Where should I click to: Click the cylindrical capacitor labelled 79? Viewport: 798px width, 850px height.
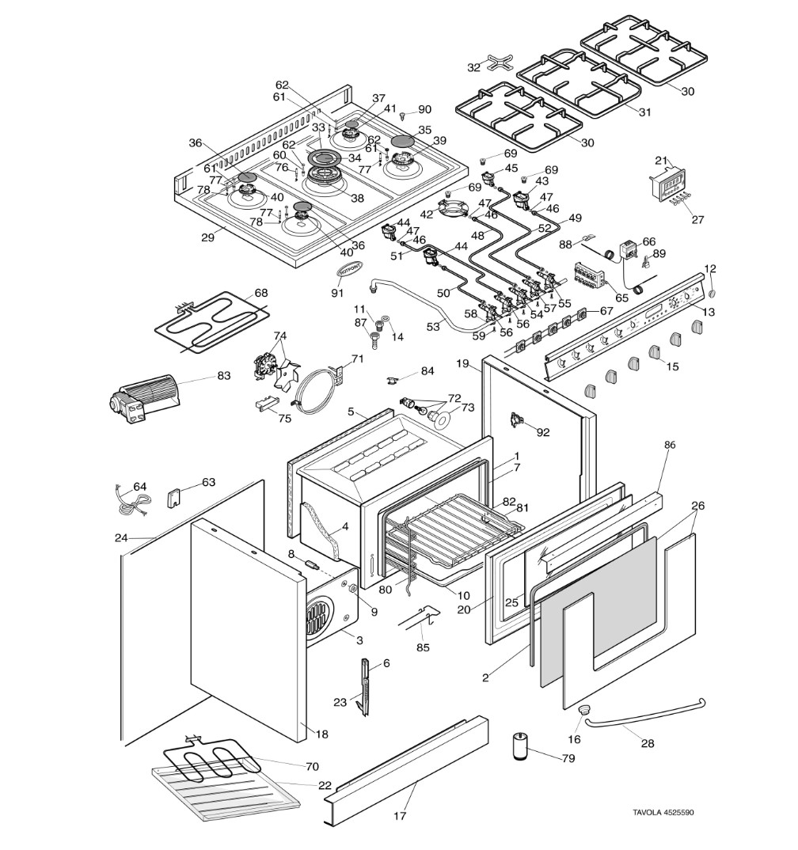(519, 746)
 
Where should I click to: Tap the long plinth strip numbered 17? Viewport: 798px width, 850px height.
(408, 763)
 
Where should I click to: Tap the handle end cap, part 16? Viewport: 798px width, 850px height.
(585, 711)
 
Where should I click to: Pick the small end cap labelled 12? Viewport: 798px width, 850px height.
(710, 292)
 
